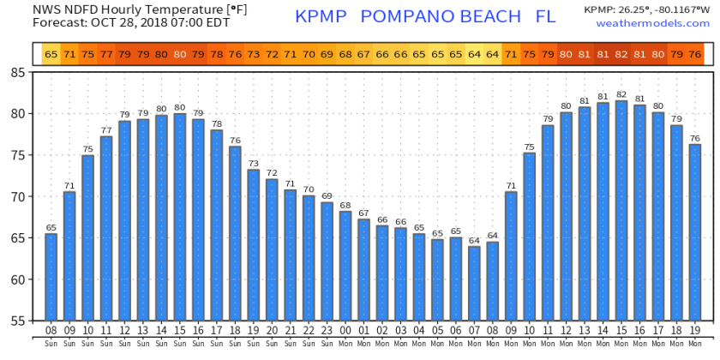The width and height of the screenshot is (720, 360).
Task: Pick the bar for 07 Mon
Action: pos(474,283)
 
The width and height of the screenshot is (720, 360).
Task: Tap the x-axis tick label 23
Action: pos(327,330)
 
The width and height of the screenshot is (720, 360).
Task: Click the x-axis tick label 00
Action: pos(345,330)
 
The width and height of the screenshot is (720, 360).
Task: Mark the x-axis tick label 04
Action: pos(418,330)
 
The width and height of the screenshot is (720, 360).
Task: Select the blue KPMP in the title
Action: pos(323,17)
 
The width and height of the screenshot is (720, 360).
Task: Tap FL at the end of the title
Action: pos(545,17)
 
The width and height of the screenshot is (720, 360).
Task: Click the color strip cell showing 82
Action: pos(621,54)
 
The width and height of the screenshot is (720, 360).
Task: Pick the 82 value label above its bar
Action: pos(621,94)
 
